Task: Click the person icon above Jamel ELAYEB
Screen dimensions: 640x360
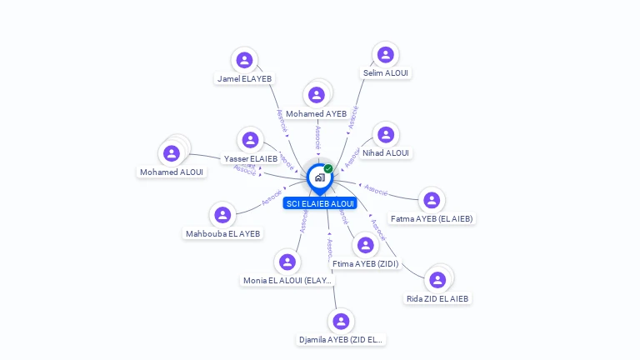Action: pos(244,60)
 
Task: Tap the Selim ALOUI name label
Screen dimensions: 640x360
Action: pos(386,73)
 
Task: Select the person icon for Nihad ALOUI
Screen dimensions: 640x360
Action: pos(385,135)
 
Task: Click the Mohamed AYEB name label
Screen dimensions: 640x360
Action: pos(316,114)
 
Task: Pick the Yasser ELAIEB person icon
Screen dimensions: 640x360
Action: pos(250,140)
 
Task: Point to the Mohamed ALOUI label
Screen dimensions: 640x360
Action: pos(172,172)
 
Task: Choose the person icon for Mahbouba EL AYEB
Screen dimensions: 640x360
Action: pos(222,215)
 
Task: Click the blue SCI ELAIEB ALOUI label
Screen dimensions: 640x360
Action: pos(320,203)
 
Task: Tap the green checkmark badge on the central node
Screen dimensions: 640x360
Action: pos(328,169)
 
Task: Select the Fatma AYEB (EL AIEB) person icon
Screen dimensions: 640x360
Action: pos(431,200)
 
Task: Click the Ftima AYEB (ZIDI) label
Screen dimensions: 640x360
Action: pos(365,264)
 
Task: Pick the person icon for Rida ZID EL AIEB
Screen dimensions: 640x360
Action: pos(437,280)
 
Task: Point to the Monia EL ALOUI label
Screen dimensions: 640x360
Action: pos(287,281)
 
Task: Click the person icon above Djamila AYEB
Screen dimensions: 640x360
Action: pos(340,321)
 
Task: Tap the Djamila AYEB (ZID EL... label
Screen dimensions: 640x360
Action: pos(342,340)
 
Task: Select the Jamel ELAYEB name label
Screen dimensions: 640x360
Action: pos(244,79)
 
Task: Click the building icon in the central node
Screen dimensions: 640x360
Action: pos(319,177)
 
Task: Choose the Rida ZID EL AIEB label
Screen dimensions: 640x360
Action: pos(437,299)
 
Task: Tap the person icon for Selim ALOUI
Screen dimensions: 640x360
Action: pos(385,55)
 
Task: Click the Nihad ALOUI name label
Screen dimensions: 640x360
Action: pos(386,153)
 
